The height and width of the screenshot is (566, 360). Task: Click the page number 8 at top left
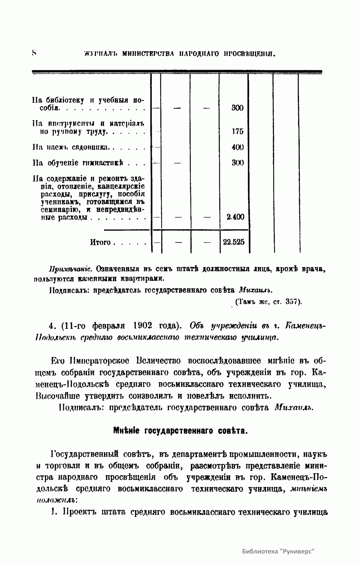coord(34,53)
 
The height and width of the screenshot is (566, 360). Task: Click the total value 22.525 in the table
coord(234,242)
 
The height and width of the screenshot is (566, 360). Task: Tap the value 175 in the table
coord(237,131)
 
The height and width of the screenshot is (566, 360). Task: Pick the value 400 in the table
coord(237,147)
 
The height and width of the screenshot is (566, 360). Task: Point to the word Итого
coord(100,242)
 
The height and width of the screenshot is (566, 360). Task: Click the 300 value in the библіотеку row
coord(237,108)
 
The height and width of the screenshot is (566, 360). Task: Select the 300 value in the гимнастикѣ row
coord(237,163)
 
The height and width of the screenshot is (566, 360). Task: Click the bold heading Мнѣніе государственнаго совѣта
coord(180,431)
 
